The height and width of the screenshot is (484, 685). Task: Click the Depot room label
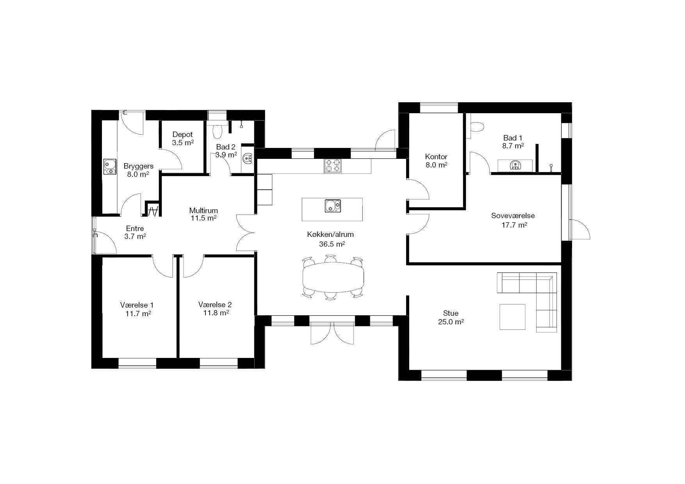click(x=183, y=135)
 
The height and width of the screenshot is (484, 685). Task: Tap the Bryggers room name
click(x=139, y=166)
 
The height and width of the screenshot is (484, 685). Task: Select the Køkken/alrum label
click(x=330, y=235)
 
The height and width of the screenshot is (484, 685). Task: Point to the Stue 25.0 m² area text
click(x=451, y=322)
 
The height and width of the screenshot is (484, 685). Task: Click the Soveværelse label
click(x=513, y=216)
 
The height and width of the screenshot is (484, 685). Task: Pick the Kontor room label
click(x=436, y=157)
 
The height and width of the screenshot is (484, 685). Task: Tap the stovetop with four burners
click(x=332, y=166)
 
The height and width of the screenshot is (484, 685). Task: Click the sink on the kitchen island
click(x=333, y=206)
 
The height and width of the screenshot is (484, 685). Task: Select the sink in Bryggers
click(x=110, y=167)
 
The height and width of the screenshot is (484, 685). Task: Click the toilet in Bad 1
click(x=477, y=127)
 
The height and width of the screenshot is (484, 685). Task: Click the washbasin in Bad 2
click(x=247, y=158)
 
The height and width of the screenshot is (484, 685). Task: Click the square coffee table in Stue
click(x=512, y=317)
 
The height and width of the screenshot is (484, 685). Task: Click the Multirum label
click(x=203, y=211)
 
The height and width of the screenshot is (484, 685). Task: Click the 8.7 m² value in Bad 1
click(x=513, y=146)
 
